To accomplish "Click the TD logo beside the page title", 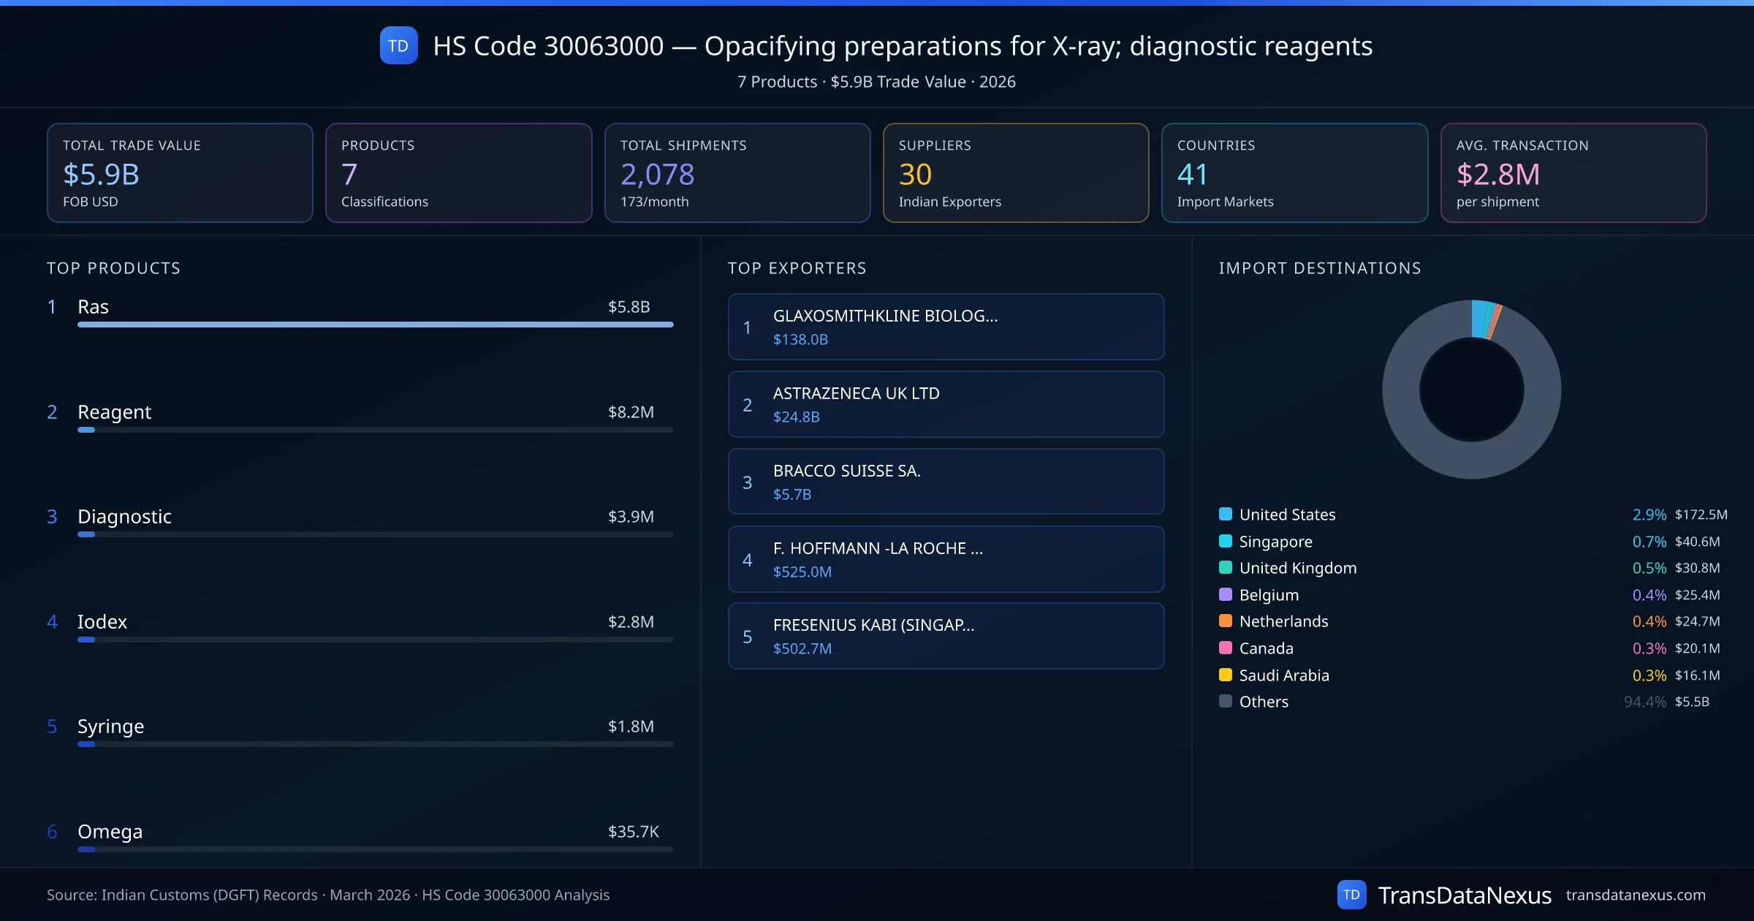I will click(398, 46).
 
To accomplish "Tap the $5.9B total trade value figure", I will click(101, 175).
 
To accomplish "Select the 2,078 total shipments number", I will click(657, 175).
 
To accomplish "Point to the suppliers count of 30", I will click(915, 175).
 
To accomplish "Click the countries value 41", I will click(1192, 175).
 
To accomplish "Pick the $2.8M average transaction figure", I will click(1497, 175).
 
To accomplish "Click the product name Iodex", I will click(102, 622).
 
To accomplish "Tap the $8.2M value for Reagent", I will click(631, 412).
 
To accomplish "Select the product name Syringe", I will click(110, 727).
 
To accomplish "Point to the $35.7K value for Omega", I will click(633, 832).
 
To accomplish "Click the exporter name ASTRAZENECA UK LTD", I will click(856, 393).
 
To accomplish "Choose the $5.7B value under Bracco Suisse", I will click(792, 495).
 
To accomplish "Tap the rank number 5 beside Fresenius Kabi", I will click(747, 637).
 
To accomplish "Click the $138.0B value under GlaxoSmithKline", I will click(800, 340).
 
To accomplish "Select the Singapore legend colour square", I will click(1226, 542).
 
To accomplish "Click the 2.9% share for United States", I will click(1649, 515).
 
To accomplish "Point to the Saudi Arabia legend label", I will click(1284, 675).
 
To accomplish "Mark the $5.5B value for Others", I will click(1692, 702).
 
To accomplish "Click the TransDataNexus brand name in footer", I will click(1464, 895).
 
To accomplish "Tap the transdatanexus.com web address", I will click(1636, 895).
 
